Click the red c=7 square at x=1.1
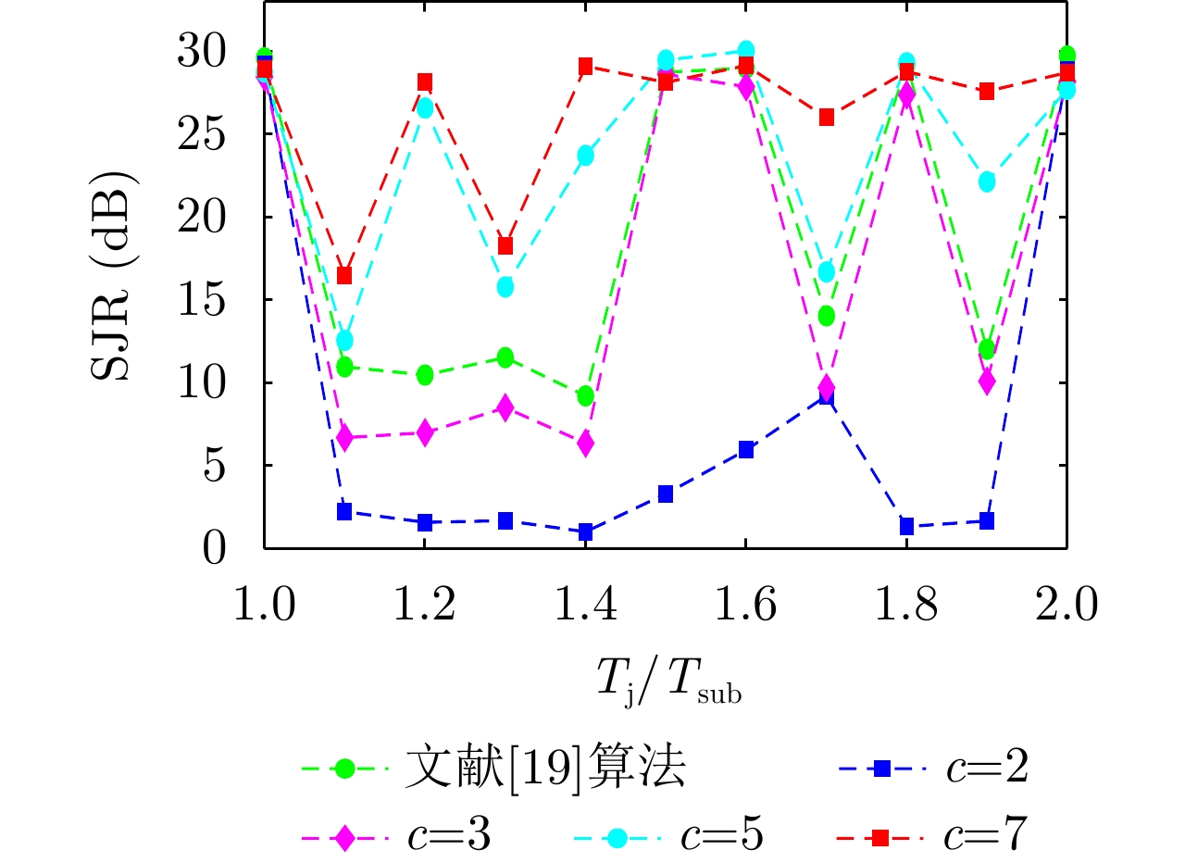click(x=344, y=275)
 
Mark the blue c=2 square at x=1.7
click(x=826, y=397)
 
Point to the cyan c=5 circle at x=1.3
click(x=505, y=287)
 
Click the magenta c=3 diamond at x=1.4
click(x=585, y=444)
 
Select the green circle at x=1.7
click(x=826, y=316)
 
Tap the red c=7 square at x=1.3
click(x=505, y=245)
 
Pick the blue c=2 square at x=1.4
click(x=585, y=532)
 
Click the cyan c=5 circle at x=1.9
click(x=987, y=181)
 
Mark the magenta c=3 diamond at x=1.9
click(x=987, y=381)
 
